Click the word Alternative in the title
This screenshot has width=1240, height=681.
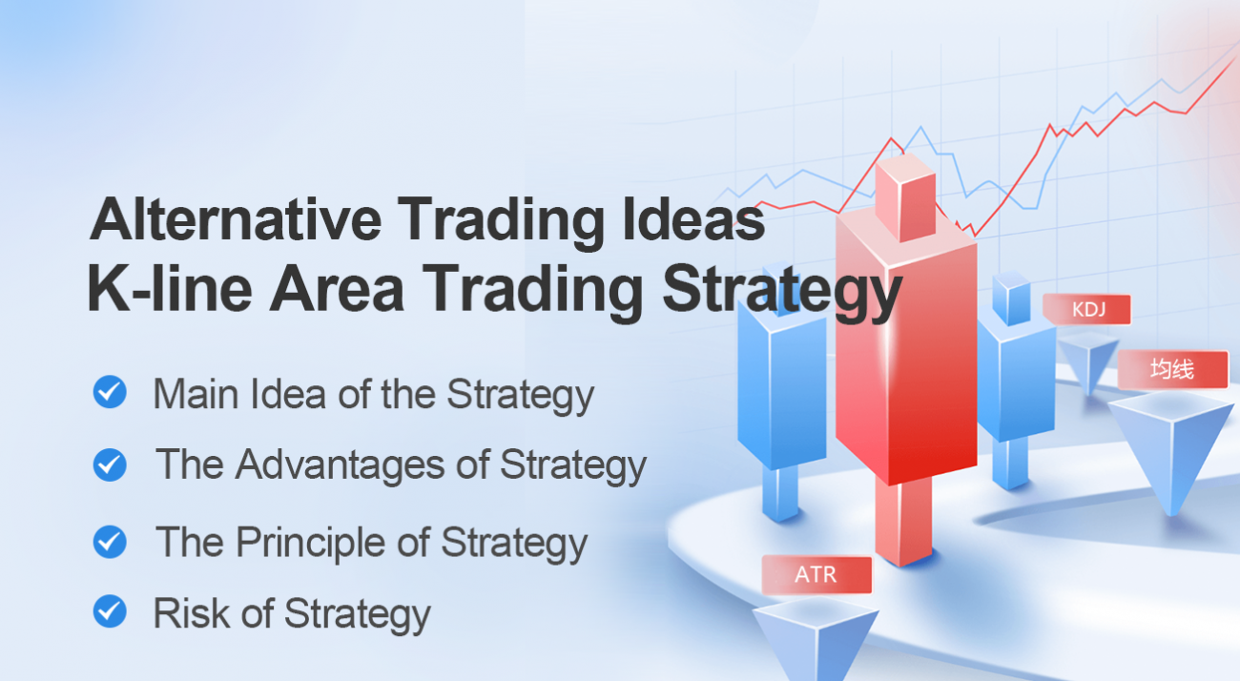(x=234, y=221)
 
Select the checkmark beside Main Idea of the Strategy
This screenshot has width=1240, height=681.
(x=110, y=392)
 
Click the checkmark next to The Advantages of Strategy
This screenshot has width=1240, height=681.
(x=110, y=464)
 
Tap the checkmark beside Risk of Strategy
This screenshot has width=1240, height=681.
(x=110, y=611)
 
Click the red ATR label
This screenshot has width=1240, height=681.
(x=816, y=575)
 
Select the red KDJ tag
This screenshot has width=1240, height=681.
(x=1086, y=310)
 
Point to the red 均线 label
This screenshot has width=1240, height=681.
(x=1172, y=369)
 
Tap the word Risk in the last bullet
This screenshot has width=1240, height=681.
(x=189, y=612)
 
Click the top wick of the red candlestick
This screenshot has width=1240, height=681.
(x=904, y=197)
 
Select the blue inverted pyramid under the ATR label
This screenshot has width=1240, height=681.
(x=815, y=638)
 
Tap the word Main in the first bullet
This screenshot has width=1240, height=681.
(x=189, y=393)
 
